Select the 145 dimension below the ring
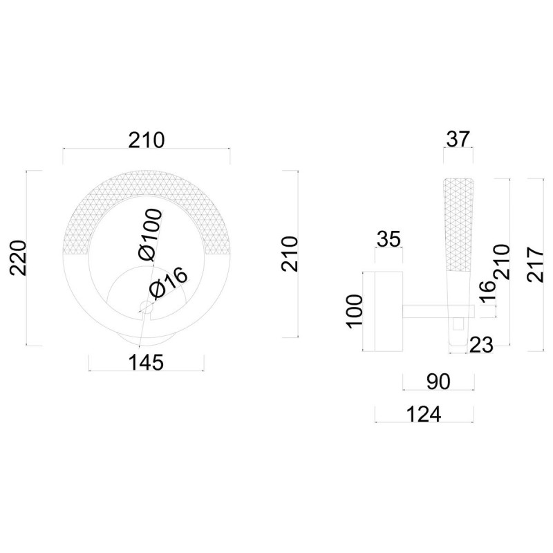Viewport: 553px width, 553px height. tap(146, 362)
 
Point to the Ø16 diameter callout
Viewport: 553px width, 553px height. tap(167, 281)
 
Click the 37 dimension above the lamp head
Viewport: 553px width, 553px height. tap(457, 139)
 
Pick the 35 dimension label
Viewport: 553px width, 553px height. tap(389, 240)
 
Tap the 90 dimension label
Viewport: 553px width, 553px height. tap(438, 381)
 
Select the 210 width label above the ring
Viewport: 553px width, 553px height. tap(146, 140)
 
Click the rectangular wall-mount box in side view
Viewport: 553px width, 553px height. tap(384, 311)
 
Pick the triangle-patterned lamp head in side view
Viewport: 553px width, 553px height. tap(457, 221)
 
